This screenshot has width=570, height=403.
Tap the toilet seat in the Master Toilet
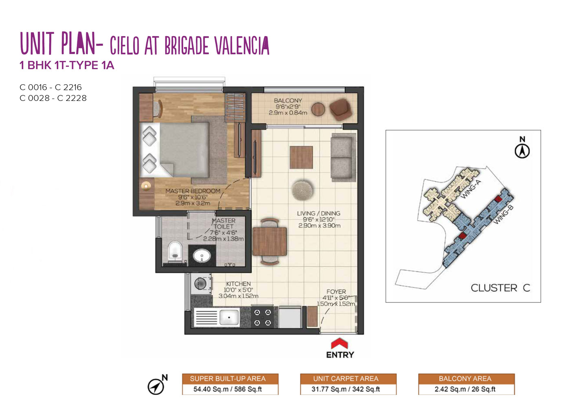175,252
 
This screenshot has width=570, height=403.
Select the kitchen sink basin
229,318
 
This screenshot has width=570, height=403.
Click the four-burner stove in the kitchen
263,317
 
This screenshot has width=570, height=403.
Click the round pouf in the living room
302,190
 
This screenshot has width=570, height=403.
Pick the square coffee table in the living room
301,157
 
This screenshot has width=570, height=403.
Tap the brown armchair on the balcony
341,110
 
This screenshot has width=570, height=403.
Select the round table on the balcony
318,110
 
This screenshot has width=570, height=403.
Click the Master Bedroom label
193,191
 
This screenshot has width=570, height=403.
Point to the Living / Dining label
318,213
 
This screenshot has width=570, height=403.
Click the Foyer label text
336,291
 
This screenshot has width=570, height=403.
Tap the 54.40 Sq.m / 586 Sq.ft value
228,389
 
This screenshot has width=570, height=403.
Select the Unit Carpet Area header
346,379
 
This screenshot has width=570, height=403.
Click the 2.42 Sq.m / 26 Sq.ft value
465,389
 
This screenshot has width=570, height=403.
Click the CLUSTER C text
500,288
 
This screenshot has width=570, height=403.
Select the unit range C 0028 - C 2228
53,98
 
